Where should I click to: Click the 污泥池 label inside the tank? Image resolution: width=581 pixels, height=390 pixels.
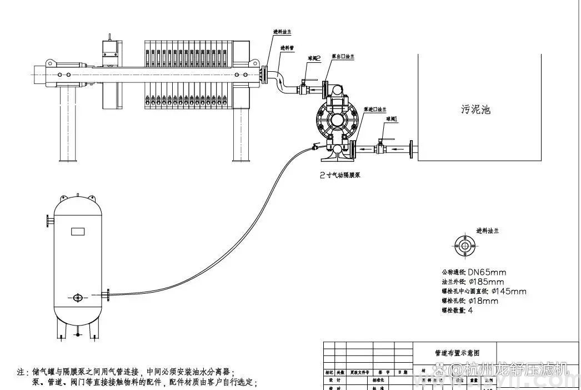[x=475, y=110]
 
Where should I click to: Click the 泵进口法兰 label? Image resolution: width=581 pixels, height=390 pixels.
[x=375, y=110]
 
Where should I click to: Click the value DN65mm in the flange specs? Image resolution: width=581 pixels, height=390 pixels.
[x=487, y=272]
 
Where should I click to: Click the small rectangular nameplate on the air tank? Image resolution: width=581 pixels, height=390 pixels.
[x=77, y=231]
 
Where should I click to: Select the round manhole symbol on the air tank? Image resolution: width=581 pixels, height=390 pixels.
[x=77, y=298]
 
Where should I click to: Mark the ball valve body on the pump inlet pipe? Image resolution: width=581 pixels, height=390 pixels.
[x=381, y=148]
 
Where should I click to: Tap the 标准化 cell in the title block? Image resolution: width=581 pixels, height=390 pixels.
[x=378, y=380]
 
